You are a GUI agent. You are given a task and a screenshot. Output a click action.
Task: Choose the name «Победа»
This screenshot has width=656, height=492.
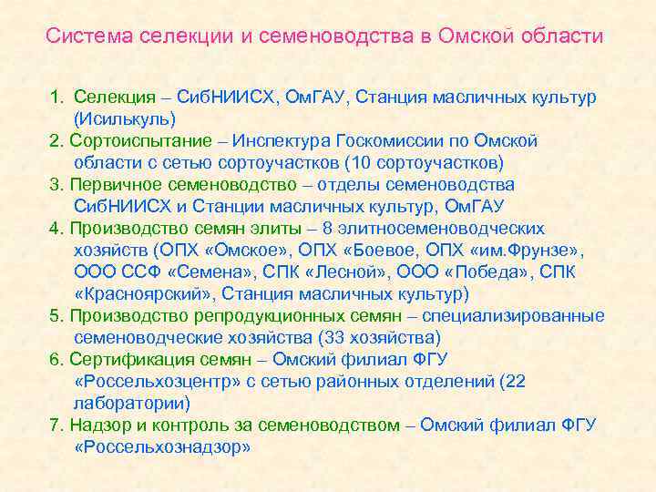pyautogui.click(x=484, y=272)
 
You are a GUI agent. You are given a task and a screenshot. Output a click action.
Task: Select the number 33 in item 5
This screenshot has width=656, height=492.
pyautogui.click(x=335, y=337)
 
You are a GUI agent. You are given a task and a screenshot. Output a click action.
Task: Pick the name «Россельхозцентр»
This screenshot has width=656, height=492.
pyautogui.click(x=150, y=381)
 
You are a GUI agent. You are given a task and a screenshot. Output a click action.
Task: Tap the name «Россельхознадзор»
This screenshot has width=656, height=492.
pyautogui.click(x=161, y=446)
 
